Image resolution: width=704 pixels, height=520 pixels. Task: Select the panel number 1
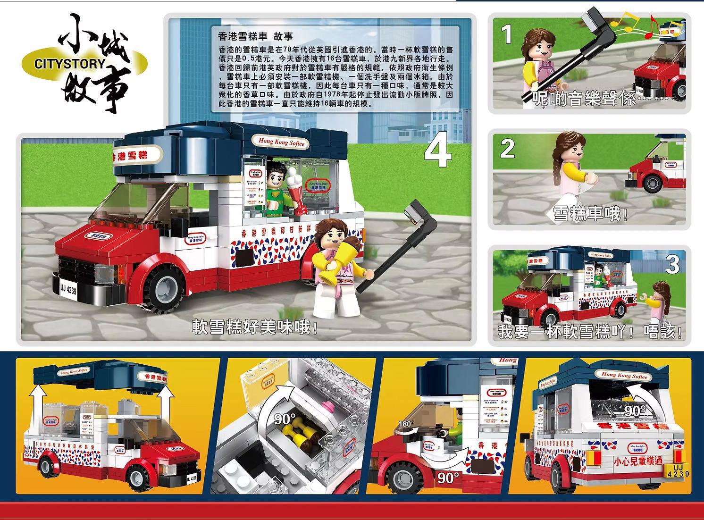(x=507, y=34)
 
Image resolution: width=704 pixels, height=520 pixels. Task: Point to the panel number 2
(x=507, y=149)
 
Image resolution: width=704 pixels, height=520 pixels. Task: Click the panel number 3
(x=672, y=265)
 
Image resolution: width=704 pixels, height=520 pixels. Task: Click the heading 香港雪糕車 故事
(x=256, y=36)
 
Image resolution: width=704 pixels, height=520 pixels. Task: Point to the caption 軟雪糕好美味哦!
(x=255, y=327)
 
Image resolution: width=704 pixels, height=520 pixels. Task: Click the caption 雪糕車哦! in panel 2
(x=591, y=214)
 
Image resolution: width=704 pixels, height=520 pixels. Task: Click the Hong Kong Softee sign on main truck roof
(x=282, y=142)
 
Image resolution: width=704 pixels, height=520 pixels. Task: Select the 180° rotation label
(x=406, y=424)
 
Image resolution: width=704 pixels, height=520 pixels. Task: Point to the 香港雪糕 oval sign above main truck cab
(x=136, y=155)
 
